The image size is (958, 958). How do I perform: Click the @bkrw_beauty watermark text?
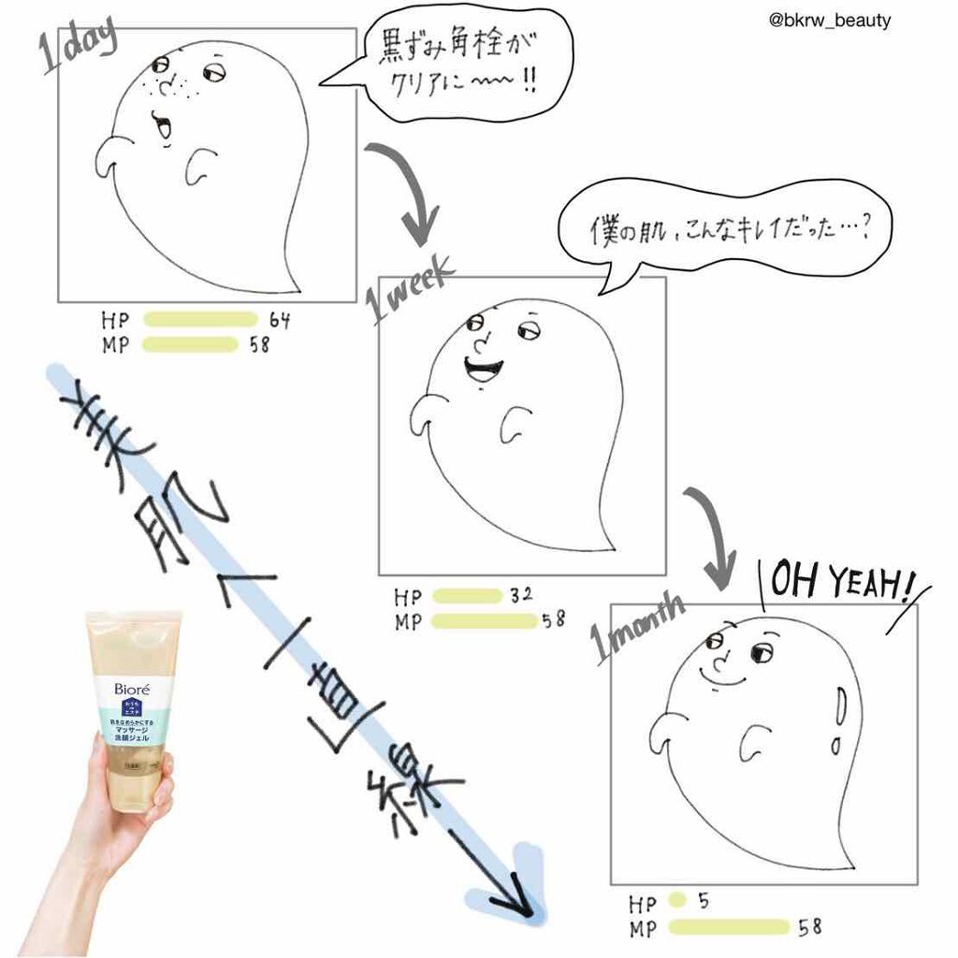pyautogui.click(x=828, y=21)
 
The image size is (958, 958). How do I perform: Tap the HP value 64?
pyautogui.click(x=280, y=321)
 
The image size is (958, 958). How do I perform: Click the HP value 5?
pyautogui.click(x=704, y=903)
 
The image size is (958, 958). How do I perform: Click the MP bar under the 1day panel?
pyautogui.click(x=190, y=344)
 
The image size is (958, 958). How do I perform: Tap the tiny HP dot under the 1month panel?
pyautogui.click(x=677, y=903)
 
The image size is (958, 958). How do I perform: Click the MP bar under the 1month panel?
pyautogui.click(x=730, y=927)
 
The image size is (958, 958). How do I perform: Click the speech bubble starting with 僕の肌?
pyautogui.click(x=722, y=229)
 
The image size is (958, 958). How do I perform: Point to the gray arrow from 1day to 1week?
pyautogui.click(x=409, y=192)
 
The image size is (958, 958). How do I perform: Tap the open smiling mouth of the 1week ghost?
pyautogui.click(x=482, y=368)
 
